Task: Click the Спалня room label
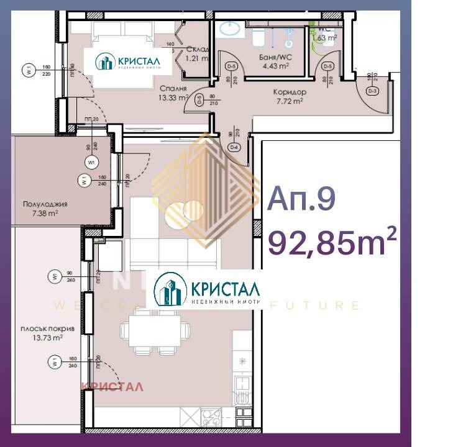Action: pyautogui.click(x=175, y=88)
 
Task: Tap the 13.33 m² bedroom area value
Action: pyautogui.click(x=175, y=97)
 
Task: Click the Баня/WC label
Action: pyautogui.click(x=276, y=57)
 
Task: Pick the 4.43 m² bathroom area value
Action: pyautogui.click(x=276, y=66)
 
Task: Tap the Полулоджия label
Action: pyautogui.click(x=45, y=204)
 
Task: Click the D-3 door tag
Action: pyautogui.click(x=373, y=91)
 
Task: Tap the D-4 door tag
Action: pyautogui.click(x=234, y=148)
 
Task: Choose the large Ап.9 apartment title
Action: pyautogui.click(x=301, y=199)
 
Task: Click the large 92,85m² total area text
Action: pyautogui.click(x=332, y=242)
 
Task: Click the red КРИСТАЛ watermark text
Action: pyautogui.click(x=113, y=387)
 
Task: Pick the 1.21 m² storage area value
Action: pyautogui.click(x=196, y=59)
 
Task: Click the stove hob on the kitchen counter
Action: pyautogui.click(x=212, y=418)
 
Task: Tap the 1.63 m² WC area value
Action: pyautogui.click(x=326, y=37)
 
